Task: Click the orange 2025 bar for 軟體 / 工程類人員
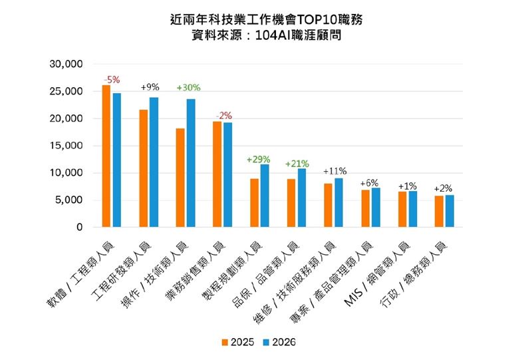tap(106, 156)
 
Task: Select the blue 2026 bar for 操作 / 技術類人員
tap(191, 163)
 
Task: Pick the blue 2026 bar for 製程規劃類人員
tap(265, 196)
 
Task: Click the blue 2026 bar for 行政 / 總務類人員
tap(450, 211)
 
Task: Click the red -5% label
tap(111, 79)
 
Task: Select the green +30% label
tap(188, 88)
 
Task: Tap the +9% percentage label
tap(150, 87)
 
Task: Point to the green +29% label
tap(258, 160)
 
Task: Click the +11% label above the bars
tap(334, 171)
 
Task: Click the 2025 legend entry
tap(235, 342)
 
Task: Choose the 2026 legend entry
tap(277, 342)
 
